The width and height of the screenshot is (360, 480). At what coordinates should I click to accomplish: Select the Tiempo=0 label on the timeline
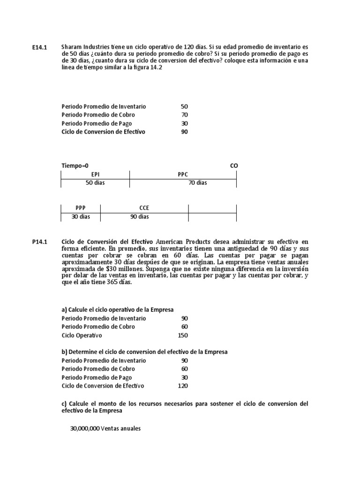point(75,166)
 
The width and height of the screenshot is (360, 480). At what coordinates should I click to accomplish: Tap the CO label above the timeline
point(234,166)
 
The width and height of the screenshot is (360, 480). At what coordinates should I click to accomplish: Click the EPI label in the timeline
point(95,174)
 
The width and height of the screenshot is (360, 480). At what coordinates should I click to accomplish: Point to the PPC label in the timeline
point(183,174)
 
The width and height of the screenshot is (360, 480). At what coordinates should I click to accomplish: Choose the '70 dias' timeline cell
point(197,183)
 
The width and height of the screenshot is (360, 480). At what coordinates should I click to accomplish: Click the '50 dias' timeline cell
point(95,183)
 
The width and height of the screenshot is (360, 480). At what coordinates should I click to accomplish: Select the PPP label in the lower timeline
point(81,208)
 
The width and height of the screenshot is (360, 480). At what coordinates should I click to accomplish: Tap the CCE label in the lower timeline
point(144,208)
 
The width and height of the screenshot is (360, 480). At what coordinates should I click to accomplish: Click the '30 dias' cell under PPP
point(81,217)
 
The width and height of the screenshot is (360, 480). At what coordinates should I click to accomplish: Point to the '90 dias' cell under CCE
point(140,217)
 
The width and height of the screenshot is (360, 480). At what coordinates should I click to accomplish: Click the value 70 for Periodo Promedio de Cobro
point(184,115)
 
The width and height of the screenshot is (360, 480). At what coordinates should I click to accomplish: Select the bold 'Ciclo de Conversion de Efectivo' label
point(103,132)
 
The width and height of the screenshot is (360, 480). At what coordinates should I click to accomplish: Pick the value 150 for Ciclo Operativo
point(183,335)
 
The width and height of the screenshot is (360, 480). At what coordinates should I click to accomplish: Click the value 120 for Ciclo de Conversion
point(183,386)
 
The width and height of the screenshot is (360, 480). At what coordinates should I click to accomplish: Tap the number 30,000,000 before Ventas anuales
point(85,428)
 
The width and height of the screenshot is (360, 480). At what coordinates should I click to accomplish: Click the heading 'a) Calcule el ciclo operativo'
point(118,310)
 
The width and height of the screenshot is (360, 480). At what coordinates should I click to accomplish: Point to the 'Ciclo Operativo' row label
point(82,335)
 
